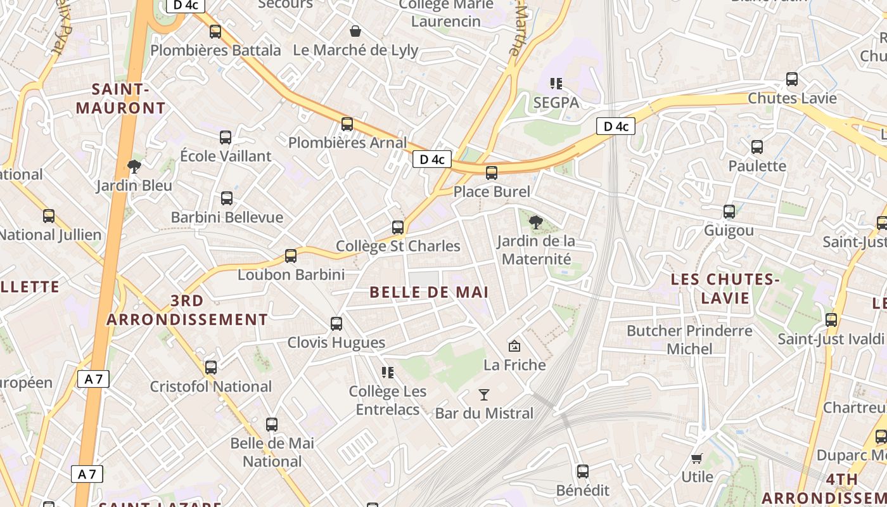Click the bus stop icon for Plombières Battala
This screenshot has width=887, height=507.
(x=215, y=32)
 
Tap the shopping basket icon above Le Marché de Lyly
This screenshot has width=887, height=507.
(x=355, y=31)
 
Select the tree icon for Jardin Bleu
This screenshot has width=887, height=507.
(x=134, y=167)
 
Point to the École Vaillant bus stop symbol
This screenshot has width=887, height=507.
(x=226, y=138)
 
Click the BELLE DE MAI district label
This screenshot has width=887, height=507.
(x=429, y=292)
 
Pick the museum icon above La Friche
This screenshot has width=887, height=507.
(x=514, y=346)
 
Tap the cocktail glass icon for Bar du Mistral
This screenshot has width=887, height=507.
(x=484, y=395)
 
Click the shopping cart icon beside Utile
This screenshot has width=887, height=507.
(x=697, y=458)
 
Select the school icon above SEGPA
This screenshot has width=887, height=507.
(x=556, y=84)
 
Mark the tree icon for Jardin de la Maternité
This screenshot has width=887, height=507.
(x=536, y=222)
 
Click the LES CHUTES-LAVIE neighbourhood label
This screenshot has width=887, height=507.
(x=725, y=288)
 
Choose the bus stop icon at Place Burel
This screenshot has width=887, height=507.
(x=492, y=172)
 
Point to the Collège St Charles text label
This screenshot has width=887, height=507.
(x=398, y=246)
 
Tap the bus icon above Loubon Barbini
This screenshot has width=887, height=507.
(x=291, y=256)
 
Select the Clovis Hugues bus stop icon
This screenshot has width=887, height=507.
(x=336, y=324)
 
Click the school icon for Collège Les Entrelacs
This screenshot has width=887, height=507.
(x=388, y=373)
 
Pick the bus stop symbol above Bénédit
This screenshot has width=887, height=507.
(x=583, y=472)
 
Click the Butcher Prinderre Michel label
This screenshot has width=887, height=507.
(x=689, y=340)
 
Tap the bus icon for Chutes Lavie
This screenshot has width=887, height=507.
(x=792, y=79)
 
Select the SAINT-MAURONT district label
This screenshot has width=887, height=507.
(x=120, y=99)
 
